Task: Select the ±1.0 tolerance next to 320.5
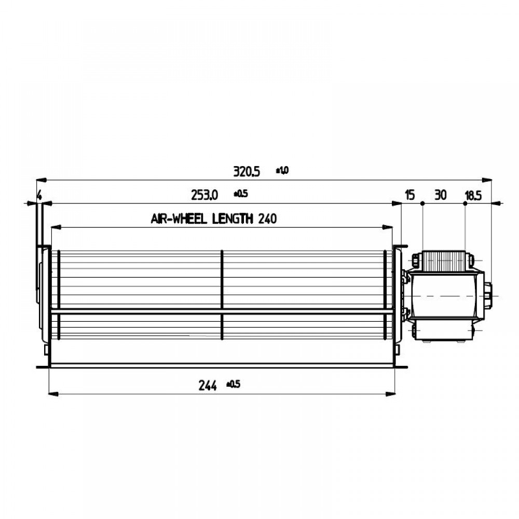pos(282,170)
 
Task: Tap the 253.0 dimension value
pos(204,195)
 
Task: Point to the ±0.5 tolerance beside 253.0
pos(241,194)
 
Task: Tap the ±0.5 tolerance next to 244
pos(234,385)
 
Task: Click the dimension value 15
pos(409,195)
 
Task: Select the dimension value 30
pos(441,195)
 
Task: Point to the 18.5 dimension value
pos(472,195)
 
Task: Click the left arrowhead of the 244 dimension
pos(52,394)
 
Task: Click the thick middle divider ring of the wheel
pos(222,294)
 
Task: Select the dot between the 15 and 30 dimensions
pos(423,204)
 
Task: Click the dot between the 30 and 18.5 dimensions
pos(465,204)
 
